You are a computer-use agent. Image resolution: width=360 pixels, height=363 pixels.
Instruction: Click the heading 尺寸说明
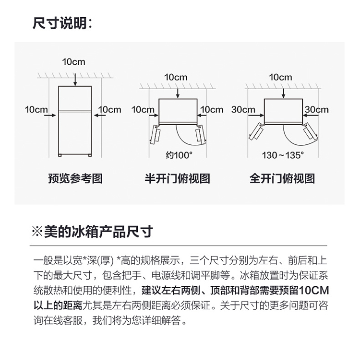(60, 23)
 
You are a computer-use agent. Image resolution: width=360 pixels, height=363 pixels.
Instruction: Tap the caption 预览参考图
(75, 178)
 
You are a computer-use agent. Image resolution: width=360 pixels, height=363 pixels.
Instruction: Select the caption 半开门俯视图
(178, 178)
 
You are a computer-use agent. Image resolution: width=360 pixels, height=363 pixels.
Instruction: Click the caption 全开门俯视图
(282, 178)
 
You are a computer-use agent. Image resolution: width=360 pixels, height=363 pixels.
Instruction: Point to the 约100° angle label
(179, 155)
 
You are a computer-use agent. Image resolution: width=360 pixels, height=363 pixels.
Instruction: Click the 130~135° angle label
(283, 155)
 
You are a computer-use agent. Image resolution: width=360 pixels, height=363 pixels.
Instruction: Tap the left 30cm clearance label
(243, 109)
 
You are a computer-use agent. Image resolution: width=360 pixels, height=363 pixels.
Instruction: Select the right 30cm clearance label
(317, 109)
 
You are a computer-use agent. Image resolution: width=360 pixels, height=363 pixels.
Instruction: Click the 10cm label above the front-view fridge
(73, 62)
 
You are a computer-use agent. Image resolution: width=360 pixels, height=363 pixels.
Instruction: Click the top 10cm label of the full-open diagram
(280, 77)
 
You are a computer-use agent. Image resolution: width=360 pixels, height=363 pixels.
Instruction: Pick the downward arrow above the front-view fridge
(75, 80)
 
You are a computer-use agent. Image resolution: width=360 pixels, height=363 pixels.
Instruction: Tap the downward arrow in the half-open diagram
(178, 93)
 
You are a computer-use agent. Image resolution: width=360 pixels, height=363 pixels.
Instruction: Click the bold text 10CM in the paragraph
(314, 290)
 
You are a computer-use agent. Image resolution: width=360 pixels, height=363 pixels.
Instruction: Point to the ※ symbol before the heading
(37, 232)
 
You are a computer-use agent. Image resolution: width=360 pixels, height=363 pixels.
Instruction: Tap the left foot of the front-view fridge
(60, 155)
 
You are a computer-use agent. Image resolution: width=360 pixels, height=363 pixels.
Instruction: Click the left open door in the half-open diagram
(155, 134)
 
